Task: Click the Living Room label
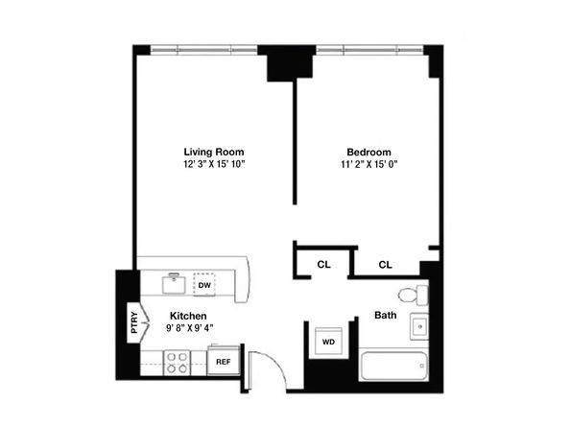214,152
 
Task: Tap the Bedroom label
368,152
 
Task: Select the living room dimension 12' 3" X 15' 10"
214,164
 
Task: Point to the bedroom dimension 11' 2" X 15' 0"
369,164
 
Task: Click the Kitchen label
188,316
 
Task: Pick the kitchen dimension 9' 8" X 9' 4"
189,328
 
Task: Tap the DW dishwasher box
204,285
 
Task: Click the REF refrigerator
224,362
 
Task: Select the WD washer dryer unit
328,342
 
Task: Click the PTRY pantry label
134,322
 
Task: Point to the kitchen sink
174,283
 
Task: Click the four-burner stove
177,363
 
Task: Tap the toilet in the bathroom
414,296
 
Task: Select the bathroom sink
419,326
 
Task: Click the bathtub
393,366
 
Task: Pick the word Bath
386,315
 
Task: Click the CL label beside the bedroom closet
386,265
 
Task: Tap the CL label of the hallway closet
323,264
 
